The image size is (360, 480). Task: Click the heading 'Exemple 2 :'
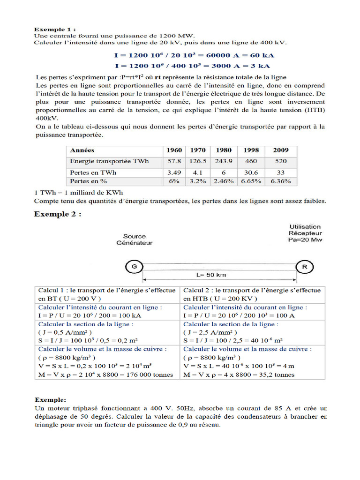click(x=58, y=214)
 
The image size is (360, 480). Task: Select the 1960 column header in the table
click(x=174, y=150)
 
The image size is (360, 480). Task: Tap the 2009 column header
click(x=281, y=150)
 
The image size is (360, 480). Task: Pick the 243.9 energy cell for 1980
click(x=223, y=161)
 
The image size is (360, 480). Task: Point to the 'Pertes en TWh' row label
click(x=93, y=172)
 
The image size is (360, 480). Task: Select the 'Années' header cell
click(x=82, y=150)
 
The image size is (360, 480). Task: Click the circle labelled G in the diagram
click(x=135, y=266)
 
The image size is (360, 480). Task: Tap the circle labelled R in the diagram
click(x=304, y=266)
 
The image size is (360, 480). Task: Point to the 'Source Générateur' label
click(x=135, y=240)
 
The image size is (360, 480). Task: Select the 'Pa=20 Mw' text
click(x=305, y=240)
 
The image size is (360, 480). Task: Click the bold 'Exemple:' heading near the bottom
click(x=51, y=400)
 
